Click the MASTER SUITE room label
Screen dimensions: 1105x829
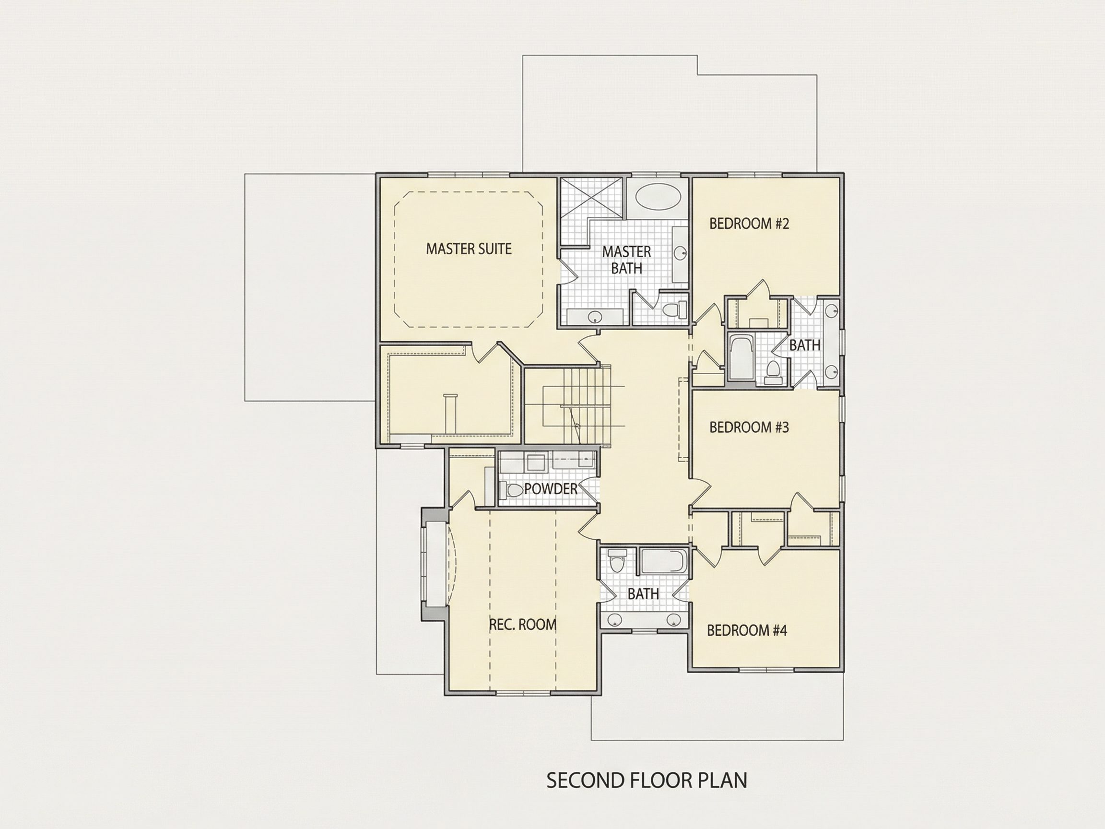point(469,249)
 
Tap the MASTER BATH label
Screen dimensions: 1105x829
point(626,260)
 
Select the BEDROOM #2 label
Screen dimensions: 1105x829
point(749,224)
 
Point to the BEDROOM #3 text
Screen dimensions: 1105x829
point(749,427)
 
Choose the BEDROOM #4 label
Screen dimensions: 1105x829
point(747,630)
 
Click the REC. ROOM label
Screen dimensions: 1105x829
point(523,625)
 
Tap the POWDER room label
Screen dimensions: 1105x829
point(551,489)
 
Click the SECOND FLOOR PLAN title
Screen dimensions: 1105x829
point(647,780)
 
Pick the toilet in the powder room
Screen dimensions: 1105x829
point(511,490)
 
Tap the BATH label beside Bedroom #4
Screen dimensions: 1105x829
point(643,593)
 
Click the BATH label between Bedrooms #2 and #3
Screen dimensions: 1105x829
point(805,345)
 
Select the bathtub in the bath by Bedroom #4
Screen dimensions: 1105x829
point(663,562)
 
